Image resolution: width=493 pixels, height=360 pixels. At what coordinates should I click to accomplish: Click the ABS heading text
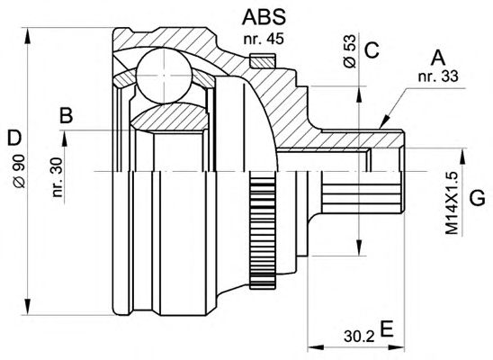pyautogui.click(x=264, y=17)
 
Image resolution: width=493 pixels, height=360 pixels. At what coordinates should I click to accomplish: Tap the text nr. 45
pyautogui.click(x=264, y=39)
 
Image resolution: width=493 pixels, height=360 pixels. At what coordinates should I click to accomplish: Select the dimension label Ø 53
pyautogui.click(x=349, y=51)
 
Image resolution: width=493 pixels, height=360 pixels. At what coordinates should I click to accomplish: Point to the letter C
pyautogui.click(x=372, y=50)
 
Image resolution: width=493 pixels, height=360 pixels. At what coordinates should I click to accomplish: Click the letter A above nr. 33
pyautogui.click(x=438, y=58)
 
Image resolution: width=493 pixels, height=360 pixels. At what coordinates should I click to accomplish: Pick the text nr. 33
pyautogui.click(x=438, y=76)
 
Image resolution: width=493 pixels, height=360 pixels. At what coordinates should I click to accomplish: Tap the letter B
pyautogui.click(x=67, y=115)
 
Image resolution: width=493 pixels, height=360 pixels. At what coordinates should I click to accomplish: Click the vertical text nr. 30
pyautogui.click(x=58, y=177)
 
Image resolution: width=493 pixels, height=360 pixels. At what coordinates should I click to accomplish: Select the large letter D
pyautogui.click(x=14, y=138)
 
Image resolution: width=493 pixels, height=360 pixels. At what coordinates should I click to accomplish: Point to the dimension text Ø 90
pyautogui.click(x=20, y=171)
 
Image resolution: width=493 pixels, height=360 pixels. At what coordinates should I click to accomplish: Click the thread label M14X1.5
pyautogui.click(x=453, y=203)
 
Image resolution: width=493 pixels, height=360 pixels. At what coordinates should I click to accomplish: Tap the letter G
pyautogui.click(x=478, y=198)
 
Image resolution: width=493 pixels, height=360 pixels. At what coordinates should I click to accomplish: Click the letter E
pyautogui.click(x=387, y=328)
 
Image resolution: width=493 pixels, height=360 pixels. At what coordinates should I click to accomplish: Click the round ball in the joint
pyautogui.click(x=164, y=76)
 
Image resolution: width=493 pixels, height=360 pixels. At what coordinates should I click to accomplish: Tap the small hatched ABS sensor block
pyautogui.click(x=264, y=60)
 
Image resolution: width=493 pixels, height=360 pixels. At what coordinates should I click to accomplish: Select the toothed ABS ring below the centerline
pyautogui.click(x=263, y=229)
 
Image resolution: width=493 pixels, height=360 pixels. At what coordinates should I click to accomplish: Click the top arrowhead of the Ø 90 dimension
pyautogui.click(x=28, y=35)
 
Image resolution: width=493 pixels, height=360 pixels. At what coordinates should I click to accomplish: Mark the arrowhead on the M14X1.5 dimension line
pyautogui.click(x=462, y=157)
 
